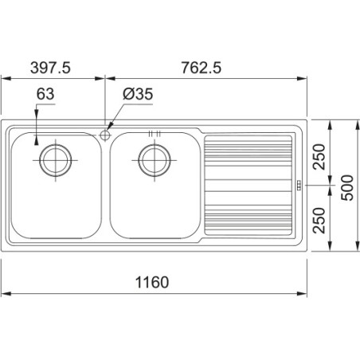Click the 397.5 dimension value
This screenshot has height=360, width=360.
coord(50,68)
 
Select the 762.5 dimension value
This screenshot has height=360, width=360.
coord(202,68)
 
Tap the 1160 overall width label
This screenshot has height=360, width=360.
coord(152,282)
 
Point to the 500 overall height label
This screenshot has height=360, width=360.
coord(347,188)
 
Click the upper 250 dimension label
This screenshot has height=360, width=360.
coord(319,157)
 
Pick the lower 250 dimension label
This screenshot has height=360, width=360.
coord(319,221)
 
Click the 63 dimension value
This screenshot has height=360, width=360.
coord(45,94)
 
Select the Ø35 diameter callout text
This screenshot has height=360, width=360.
coord(138,94)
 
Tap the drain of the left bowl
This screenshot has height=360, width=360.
coord(55,160)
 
